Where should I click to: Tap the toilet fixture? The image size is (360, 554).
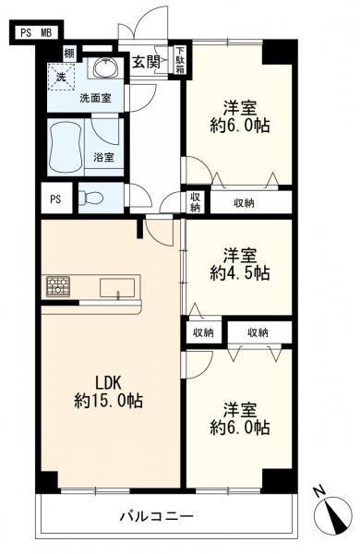tap(90, 198)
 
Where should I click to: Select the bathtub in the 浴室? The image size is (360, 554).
tap(66, 147)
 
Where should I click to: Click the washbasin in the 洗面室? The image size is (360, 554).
tap(105, 66)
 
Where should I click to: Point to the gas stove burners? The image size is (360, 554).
tap(58, 286)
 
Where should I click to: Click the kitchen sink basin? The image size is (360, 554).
tap(117, 287)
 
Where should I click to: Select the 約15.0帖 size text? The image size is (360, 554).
tap(108, 401)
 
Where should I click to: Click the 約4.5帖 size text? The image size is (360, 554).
tap(240, 273)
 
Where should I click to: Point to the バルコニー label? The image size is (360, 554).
tap(157, 517)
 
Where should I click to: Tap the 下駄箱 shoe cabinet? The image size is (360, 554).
tap(181, 60)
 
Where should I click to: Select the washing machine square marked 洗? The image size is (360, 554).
tap(62, 77)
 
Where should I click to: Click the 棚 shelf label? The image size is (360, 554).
tap(69, 54)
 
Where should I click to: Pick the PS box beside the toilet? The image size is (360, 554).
tap(56, 198)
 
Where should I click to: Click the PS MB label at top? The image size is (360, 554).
tap(36, 33)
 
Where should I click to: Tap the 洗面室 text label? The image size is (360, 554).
tap(95, 98)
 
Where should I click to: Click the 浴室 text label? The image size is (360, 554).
tap(103, 157)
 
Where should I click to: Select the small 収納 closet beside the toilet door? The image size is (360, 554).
tap(196, 202)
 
